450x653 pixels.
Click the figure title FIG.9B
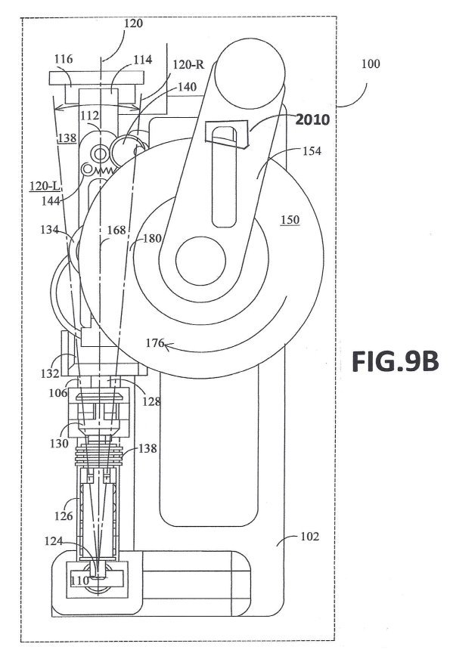(x=395, y=361)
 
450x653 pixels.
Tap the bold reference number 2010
(x=312, y=119)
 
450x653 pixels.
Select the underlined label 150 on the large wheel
(x=290, y=219)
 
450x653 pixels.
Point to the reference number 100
(x=371, y=63)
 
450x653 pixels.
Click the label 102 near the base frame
(x=309, y=537)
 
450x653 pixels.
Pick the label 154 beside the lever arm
(x=312, y=150)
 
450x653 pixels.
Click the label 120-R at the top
(x=188, y=64)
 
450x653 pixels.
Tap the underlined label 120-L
(x=44, y=186)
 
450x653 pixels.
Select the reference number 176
(x=154, y=342)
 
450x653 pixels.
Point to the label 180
(x=152, y=239)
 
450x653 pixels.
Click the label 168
(x=116, y=230)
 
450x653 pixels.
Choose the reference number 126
(x=64, y=516)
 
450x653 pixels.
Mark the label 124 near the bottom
(x=54, y=541)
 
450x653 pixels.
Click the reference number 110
(x=80, y=580)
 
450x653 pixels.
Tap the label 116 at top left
(x=64, y=59)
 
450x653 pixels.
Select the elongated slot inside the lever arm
(x=225, y=177)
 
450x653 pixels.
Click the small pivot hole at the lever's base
(x=201, y=260)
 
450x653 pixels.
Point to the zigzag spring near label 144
(x=104, y=169)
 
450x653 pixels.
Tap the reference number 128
(x=151, y=401)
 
